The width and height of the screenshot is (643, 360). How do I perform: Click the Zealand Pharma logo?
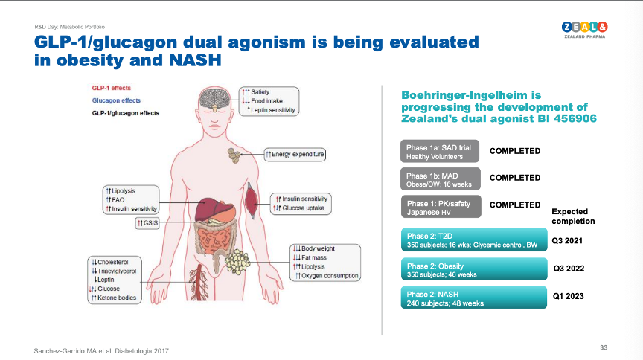584,30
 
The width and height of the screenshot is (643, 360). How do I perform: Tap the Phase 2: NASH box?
473,298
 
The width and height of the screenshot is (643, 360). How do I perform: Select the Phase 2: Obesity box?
474,269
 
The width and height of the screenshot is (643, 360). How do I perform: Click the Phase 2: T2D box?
474,240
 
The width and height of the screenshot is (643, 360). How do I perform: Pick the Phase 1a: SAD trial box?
440,151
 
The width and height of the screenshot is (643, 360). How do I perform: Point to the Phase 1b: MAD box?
440,179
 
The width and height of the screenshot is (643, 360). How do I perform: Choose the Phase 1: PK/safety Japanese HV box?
441,207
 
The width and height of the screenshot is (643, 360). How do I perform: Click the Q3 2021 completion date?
567,241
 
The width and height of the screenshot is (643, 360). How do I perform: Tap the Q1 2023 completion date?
569,296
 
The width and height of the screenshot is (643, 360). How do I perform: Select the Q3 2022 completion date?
569,269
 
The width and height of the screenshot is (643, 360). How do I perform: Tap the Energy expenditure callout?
295,155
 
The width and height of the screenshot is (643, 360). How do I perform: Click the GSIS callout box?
147,223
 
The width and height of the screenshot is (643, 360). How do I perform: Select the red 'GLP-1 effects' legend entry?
111,88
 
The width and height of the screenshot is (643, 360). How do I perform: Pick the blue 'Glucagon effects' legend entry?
116,100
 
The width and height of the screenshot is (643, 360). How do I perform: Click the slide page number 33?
604,347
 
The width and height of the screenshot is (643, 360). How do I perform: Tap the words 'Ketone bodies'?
117,298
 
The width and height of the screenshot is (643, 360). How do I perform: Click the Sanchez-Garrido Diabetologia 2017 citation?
101,351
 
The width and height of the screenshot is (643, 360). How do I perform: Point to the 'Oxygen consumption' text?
330,275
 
